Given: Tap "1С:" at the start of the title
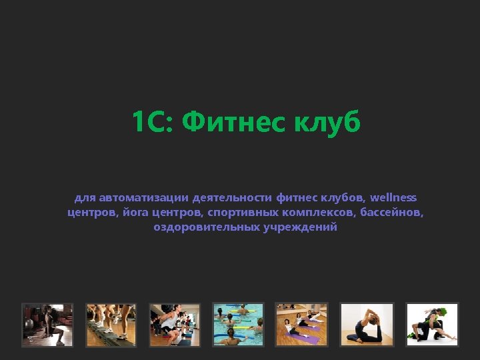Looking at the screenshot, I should point(153,122).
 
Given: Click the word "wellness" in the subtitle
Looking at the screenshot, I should point(393,198).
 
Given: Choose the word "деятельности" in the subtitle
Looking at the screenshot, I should point(231,198).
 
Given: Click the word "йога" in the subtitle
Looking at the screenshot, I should point(135,213).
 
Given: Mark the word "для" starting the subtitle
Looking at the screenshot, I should point(85,198).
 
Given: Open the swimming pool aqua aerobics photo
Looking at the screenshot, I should point(239,325).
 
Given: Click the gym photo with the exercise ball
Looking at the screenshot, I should point(47,325).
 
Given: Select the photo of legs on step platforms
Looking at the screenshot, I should point(111,325).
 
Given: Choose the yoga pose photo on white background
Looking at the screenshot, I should point(367,325).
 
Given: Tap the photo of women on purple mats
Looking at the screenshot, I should point(303,325).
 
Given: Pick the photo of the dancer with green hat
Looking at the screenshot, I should point(432,325).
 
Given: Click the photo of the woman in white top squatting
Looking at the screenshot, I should point(175,325).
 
